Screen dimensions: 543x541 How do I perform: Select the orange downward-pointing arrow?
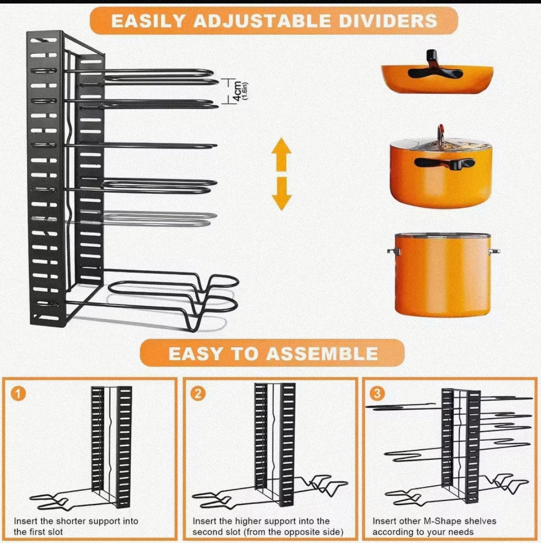pos(282,194)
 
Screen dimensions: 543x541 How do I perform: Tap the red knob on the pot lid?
pos(441,131)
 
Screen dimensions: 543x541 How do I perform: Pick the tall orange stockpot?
pos(442,275)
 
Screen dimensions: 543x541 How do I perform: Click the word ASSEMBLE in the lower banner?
pos(322,353)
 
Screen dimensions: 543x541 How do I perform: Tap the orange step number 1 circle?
pos(19,394)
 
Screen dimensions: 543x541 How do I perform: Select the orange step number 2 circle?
pos(199,394)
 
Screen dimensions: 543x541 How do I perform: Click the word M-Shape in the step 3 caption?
pos(445,521)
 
